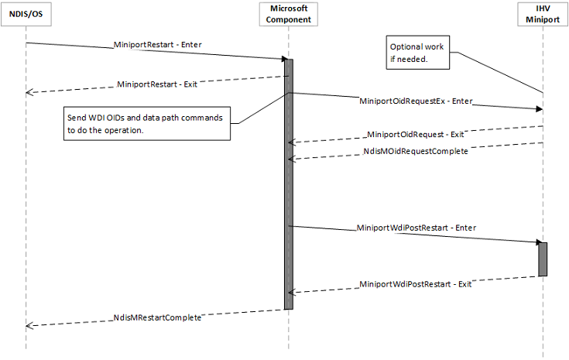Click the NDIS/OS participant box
point(26,13)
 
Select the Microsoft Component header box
point(289,13)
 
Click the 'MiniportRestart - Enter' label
point(158,45)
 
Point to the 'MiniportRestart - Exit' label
point(156,84)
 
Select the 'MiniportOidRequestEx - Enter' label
point(416,101)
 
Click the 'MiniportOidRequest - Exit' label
point(415,134)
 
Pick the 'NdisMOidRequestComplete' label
point(415,152)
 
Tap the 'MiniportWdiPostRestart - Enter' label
point(416,228)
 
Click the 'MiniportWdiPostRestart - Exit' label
point(416,284)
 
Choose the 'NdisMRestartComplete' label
point(157,317)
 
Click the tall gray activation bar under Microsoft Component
point(289,186)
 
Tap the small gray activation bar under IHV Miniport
point(543,259)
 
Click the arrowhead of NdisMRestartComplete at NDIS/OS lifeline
point(29,326)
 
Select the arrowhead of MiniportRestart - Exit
point(29,92)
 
